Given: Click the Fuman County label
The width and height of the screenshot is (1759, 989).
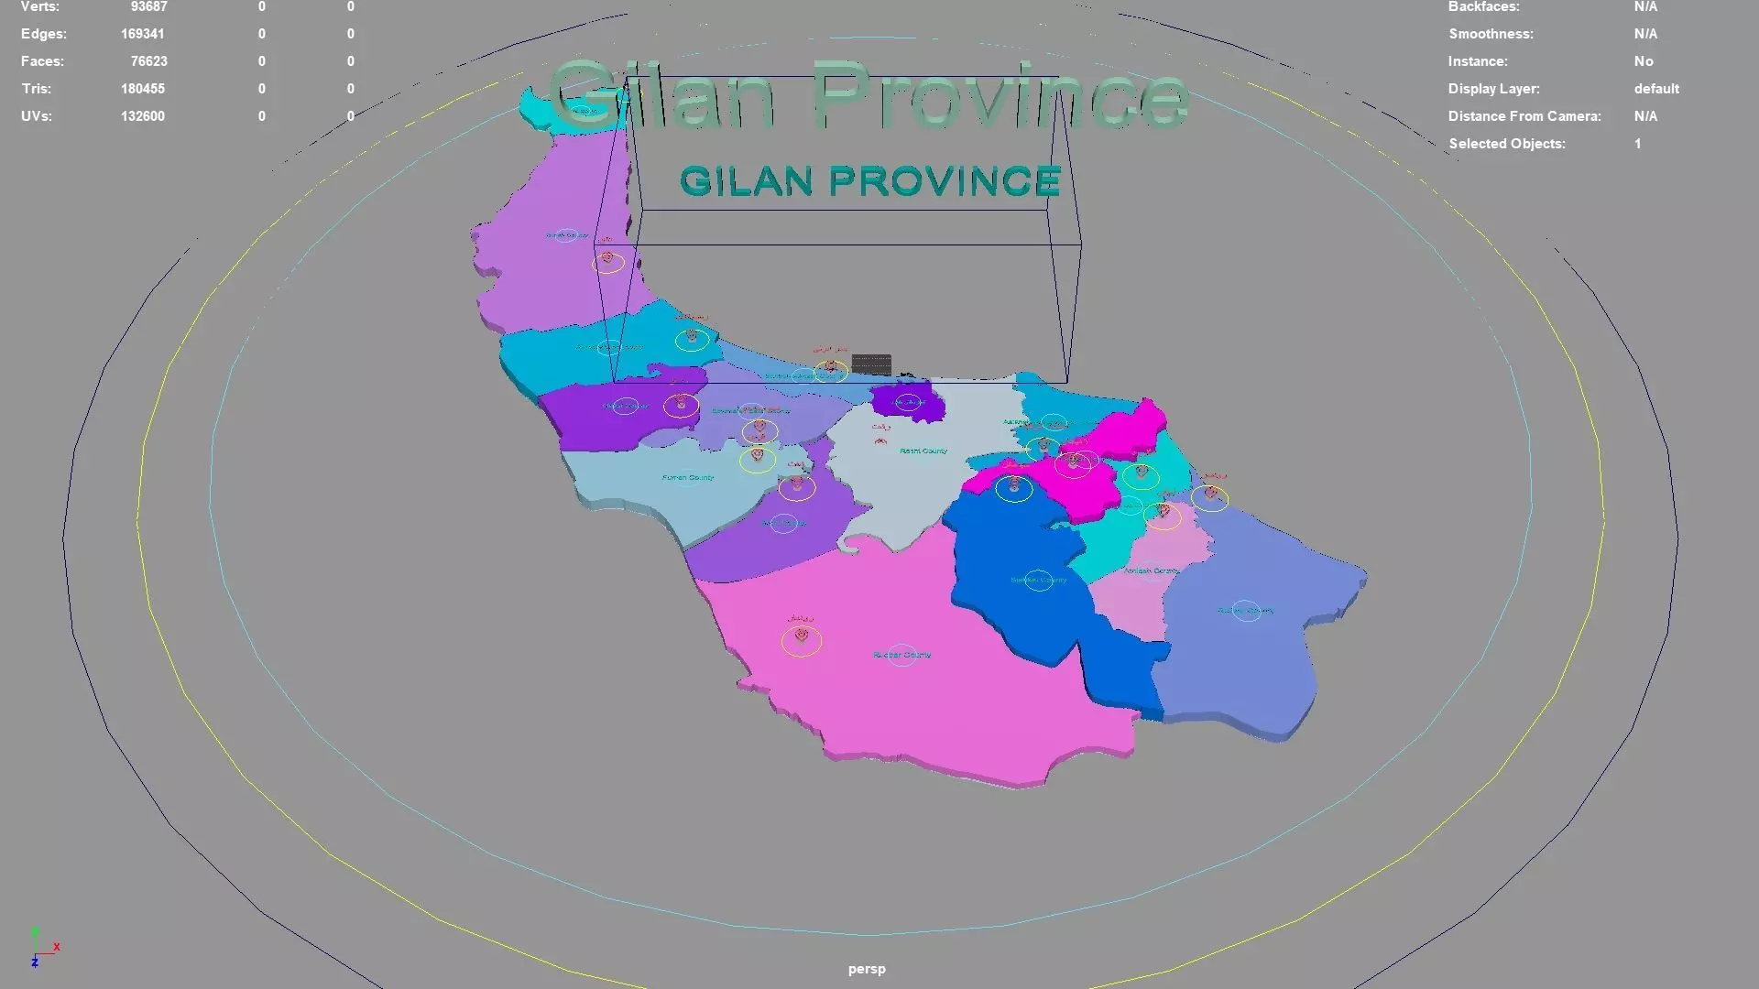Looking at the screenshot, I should click(x=687, y=477).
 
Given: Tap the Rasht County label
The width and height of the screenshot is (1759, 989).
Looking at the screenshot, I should click(x=923, y=451).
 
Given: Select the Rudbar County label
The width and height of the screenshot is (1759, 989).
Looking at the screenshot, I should click(x=901, y=655).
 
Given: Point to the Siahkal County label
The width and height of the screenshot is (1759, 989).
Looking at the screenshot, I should click(x=1038, y=580).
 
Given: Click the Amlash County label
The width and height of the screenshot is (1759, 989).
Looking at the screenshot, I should click(x=1151, y=571).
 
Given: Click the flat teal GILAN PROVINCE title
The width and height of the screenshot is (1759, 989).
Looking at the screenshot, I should click(x=869, y=181).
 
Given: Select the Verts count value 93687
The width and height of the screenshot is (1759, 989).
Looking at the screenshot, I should click(x=148, y=7).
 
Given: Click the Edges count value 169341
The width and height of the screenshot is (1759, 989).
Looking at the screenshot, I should click(x=142, y=34).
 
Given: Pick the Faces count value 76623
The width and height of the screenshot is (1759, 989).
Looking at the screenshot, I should click(x=148, y=61).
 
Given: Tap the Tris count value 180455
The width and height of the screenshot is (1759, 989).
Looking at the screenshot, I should click(x=142, y=89).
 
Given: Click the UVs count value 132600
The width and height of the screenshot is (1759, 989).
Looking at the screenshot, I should click(x=142, y=116).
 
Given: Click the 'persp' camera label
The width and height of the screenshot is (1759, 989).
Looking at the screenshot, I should click(x=866, y=969).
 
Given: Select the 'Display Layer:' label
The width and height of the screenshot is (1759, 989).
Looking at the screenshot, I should click(x=1493, y=89).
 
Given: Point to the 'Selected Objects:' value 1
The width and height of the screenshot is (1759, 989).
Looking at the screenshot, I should click(x=1637, y=144).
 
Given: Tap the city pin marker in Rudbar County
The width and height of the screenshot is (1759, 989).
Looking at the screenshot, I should click(x=802, y=636).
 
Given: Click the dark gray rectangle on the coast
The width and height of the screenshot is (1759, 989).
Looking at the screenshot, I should click(x=870, y=364).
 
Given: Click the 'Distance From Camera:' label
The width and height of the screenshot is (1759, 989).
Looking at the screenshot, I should click(x=1524, y=116).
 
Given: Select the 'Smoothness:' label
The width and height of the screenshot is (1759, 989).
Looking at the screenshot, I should click(x=1490, y=34).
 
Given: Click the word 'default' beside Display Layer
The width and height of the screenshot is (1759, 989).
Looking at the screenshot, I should click(x=1655, y=89).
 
